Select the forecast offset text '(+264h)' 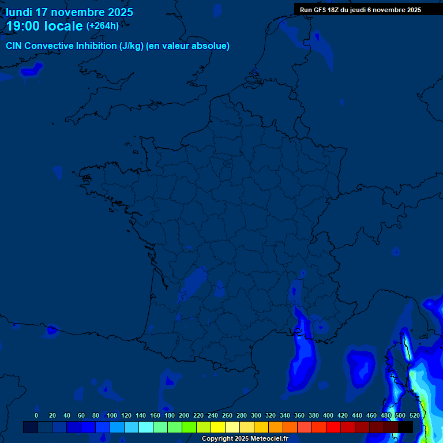tap(103, 25)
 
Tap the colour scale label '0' tap(36, 415)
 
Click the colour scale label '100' tap(112, 415)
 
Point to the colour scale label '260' tap(227, 415)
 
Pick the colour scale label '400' tap(328, 415)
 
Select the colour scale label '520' tap(415, 415)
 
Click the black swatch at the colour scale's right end tap(406, 427)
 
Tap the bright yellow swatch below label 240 tap(218, 427)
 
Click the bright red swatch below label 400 tap(333, 427)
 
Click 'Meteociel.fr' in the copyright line tap(269, 439)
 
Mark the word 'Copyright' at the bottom tap(217, 439)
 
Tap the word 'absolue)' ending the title tap(212, 46)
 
